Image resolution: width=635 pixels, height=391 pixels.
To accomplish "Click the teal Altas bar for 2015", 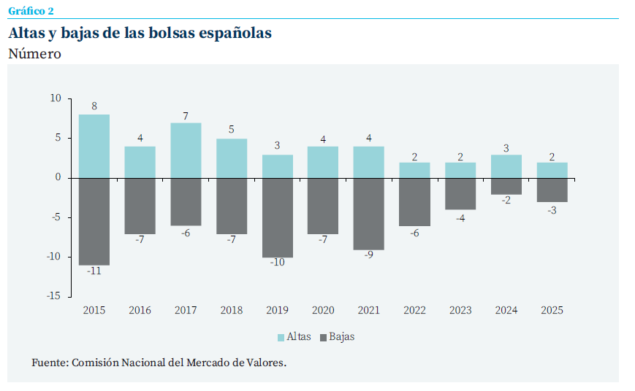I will pos(94,146).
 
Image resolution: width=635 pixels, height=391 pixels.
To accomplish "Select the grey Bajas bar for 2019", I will pos(278,217).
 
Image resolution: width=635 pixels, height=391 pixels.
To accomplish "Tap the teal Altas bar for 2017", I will pos(186,150).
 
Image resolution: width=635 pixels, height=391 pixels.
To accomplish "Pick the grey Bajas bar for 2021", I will pos(369,214).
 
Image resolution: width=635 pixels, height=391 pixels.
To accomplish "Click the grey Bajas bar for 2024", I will pos(506,186).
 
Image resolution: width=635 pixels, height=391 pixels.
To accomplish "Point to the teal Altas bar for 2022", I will pos(414,170).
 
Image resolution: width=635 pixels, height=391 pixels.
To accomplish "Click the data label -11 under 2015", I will pos(94,271).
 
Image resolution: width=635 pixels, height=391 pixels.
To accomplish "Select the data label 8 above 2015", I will pos(94,106).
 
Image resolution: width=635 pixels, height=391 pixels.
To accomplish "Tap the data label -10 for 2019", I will pos(278,263).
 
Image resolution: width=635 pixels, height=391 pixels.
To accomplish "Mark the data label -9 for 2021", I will pos(369,255).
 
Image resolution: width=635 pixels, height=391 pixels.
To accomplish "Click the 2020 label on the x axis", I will pos(323,311).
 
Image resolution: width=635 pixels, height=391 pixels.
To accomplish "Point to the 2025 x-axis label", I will pos(552,311).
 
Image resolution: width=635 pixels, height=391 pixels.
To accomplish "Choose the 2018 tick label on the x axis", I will pos(232,311).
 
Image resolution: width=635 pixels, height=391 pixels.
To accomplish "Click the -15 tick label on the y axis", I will pos(54,297).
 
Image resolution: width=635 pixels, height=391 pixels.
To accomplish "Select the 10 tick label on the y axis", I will pos(56,98).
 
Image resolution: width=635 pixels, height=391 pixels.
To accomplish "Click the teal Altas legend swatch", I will pos(281,337).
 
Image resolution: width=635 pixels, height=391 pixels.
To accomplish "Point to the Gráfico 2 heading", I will pos(31,10).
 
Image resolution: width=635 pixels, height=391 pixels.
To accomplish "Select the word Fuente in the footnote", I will pos(49,363).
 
